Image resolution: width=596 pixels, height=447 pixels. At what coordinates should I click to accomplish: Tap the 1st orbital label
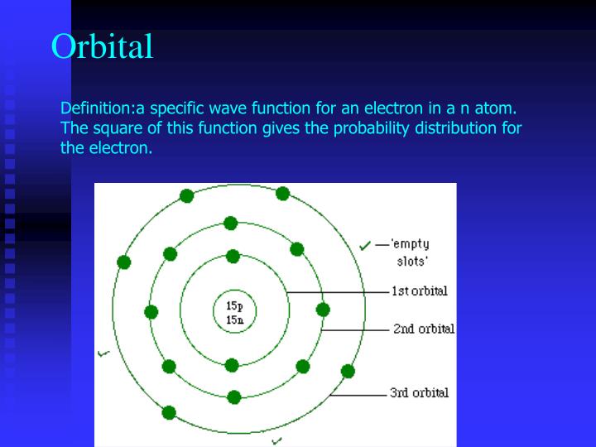420,291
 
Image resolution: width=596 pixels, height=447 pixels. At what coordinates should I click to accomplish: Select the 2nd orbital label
423,329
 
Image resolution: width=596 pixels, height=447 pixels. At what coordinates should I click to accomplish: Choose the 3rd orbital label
420,392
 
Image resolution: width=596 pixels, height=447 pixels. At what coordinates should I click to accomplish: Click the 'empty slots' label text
411,251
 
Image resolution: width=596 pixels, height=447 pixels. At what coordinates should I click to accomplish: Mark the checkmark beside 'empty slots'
364,245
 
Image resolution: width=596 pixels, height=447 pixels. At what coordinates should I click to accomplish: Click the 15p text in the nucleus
234,305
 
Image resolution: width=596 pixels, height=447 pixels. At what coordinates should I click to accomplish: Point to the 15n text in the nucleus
234,319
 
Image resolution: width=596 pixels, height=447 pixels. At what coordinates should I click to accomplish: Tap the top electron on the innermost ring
233,257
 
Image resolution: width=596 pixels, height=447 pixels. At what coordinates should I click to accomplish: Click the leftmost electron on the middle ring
151,312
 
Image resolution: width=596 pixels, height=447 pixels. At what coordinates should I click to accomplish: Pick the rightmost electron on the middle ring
323,310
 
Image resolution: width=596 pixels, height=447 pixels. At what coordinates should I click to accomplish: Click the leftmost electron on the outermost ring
124,262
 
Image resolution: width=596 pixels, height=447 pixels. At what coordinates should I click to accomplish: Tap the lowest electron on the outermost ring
170,412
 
